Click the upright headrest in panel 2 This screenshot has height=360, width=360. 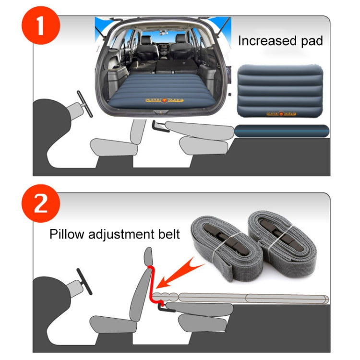[148, 255]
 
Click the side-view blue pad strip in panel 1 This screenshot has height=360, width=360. [282, 129]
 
